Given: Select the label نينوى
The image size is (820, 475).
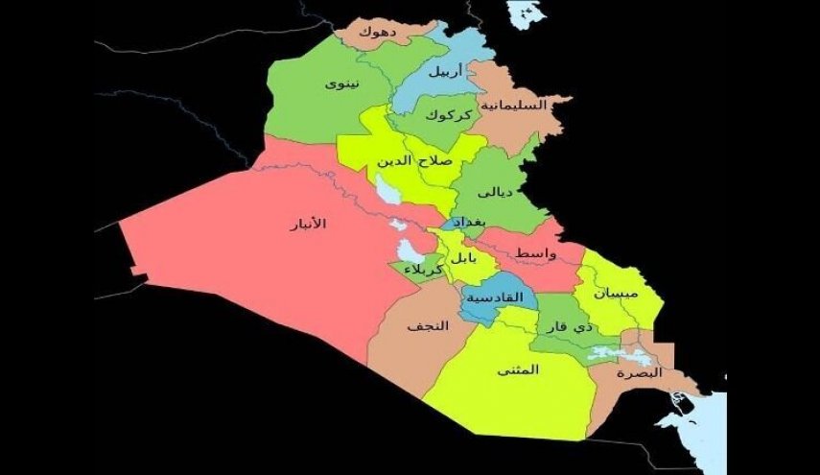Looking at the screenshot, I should pyautogui.click(x=342, y=83).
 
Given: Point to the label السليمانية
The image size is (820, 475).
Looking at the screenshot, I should pyautogui.click(x=517, y=105).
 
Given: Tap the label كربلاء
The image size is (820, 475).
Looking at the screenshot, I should pyautogui.click(x=424, y=272).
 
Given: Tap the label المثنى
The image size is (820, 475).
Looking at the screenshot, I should pyautogui.click(x=519, y=370).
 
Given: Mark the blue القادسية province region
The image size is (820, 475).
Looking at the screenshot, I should pyautogui.click(x=489, y=312).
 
